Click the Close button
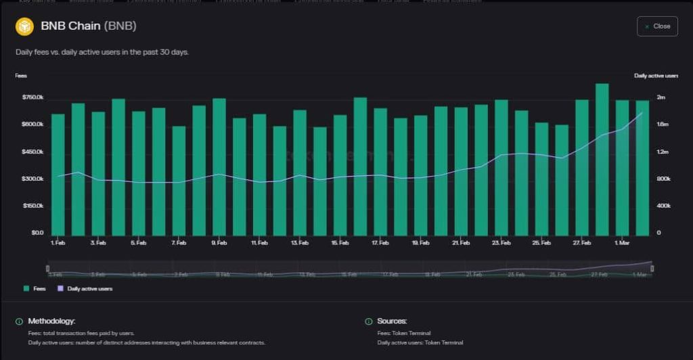point(657,26)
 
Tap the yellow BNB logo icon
point(24,26)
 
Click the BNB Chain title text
point(70,26)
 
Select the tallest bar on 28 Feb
point(602,159)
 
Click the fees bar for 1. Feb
point(58,175)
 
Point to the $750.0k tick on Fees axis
point(32,97)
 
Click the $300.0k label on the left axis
point(32,179)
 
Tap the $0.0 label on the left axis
point(37,233)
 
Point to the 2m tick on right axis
point(661,97)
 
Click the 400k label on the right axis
point(663,206)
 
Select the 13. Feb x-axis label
point(300,242)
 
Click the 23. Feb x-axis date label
point(501,242)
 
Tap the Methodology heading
point(51,321)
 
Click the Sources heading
point(392,321)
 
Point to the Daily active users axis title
point(656,76)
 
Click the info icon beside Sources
point(369,321)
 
